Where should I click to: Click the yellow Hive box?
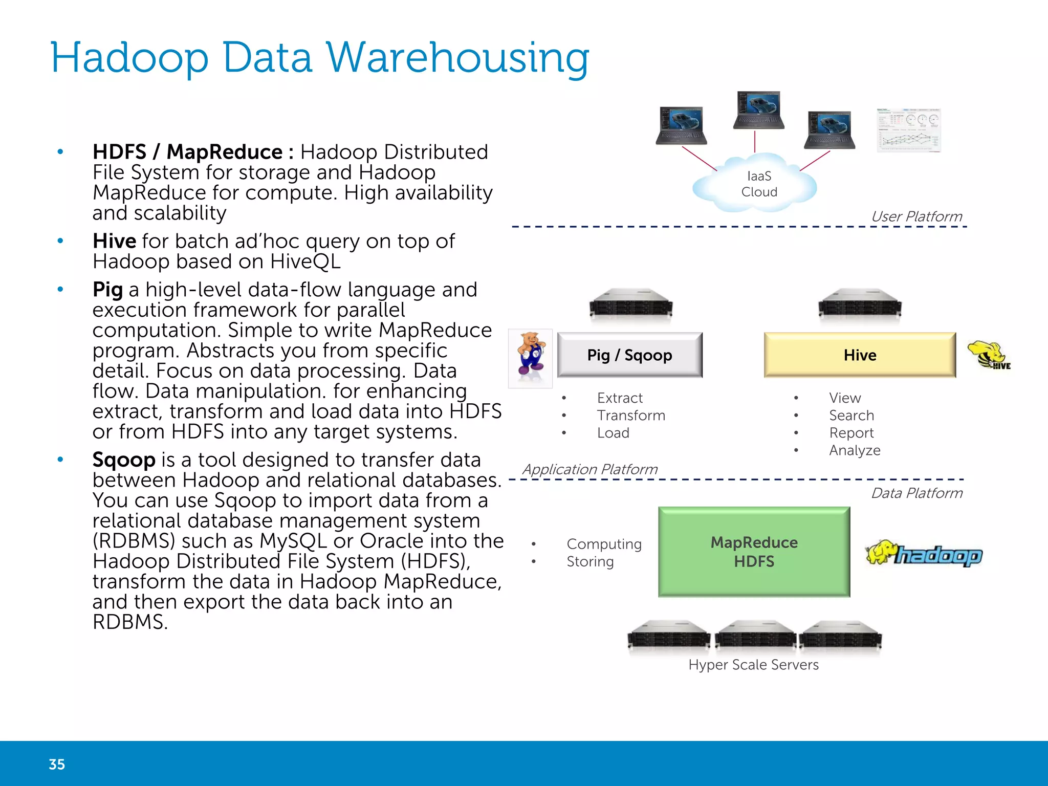860,355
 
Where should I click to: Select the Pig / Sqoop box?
629,355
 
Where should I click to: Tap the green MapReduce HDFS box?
754,552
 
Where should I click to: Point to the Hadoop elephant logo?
924,554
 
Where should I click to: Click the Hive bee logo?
988,355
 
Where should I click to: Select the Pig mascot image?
530,358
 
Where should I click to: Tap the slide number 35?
57,764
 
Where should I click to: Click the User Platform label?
916,216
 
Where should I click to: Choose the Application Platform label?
589,469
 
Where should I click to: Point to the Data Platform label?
916,493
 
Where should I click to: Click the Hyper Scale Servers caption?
753,665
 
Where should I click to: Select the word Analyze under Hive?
855,450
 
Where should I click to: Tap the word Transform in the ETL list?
631,416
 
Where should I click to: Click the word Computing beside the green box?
604,544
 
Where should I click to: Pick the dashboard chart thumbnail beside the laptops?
908,130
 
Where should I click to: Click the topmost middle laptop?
758,110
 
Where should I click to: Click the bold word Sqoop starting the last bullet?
124,460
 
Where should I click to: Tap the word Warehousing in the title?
457,57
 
